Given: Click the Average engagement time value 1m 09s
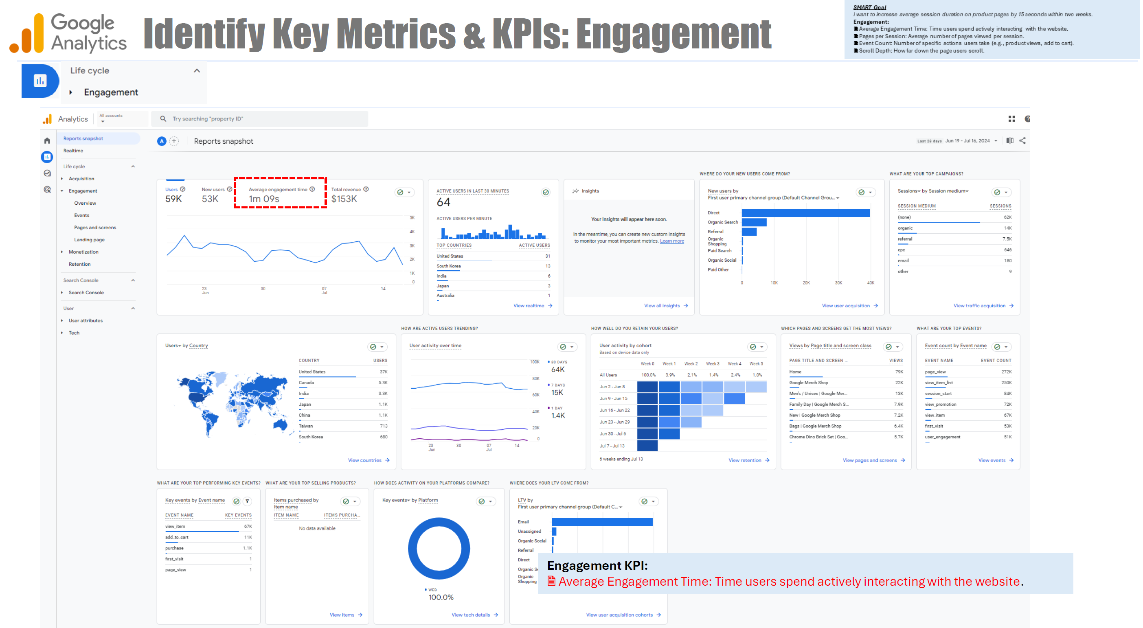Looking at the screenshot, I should click(264, 199).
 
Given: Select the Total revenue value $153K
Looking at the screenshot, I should click(344, 199).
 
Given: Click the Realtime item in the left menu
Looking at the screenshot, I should click(73, 151).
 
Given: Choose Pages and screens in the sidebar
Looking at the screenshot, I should click(95, 228).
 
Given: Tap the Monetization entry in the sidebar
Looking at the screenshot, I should click(83, 252).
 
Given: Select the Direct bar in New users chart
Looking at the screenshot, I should click(805, 213).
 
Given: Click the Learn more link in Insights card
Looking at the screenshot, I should click(671, 241).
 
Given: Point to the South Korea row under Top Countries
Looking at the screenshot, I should click(493, 266).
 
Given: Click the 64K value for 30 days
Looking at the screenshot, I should click(557, 370).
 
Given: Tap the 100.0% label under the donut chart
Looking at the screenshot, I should click(441, 597).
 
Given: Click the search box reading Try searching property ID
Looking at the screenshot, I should click(259, 119).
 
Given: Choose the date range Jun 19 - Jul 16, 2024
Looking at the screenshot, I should click(967, 141).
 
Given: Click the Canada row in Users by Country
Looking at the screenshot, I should click(342, 383).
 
